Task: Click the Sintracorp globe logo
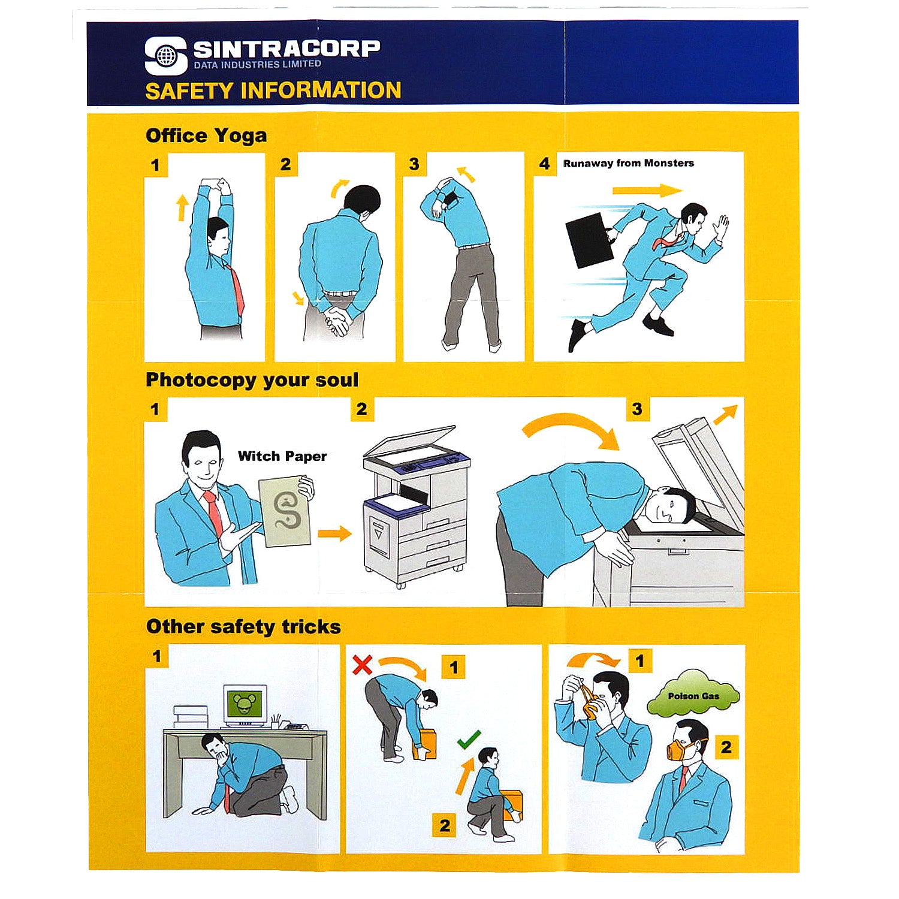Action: (166, 56)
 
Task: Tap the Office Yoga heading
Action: (206, 135)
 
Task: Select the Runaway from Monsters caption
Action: (628, 163)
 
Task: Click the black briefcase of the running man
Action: (589, 240)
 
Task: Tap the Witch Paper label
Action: (282, 456)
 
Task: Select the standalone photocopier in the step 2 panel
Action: (416, 506)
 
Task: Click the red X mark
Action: (362, 664)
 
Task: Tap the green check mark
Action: (469, 739)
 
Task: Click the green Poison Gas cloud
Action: (693, 694)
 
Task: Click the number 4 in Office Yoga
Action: (544, 164)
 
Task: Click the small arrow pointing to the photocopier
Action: (334, 533)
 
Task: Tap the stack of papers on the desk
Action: (191, 717)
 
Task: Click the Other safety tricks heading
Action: (243, 627)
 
